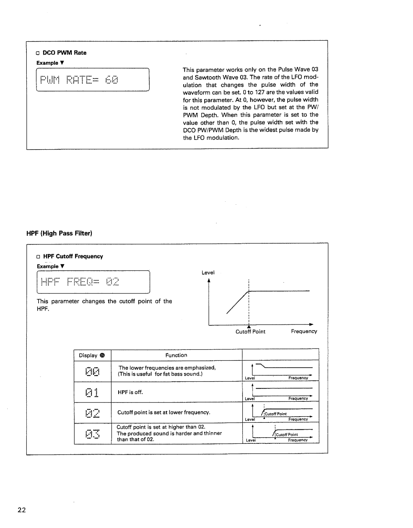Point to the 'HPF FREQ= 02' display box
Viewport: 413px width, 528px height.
[x=93, y=282]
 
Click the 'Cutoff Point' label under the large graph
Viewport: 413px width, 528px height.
[x=250, y=332]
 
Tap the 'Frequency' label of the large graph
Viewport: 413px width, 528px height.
[x=304, y=331]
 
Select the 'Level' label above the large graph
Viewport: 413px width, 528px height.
[x=208, y=272]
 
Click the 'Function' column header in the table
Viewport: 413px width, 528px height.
[x=176, y=355]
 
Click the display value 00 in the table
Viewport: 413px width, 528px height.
[x=93, y=371]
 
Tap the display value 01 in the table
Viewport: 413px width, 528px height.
[x=93, y=392]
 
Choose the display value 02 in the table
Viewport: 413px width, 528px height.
[x=93, y=413]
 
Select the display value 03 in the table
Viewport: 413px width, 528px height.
[x=93, y=433]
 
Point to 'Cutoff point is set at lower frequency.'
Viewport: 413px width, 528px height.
[x=164, y=412]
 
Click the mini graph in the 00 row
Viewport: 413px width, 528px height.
[x=280, y=371]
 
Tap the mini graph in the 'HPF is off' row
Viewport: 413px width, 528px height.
[x=280, y=392]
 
